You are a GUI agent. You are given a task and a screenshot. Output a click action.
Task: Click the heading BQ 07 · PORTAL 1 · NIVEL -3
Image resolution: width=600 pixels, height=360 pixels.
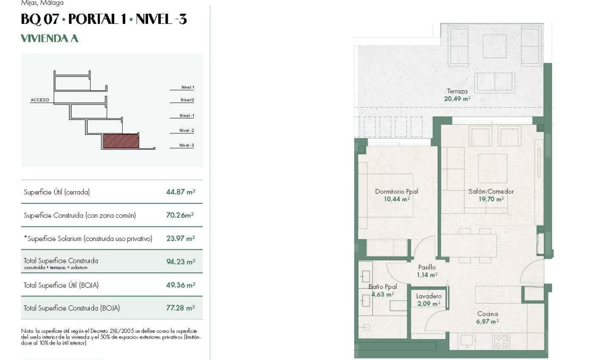point(104,20)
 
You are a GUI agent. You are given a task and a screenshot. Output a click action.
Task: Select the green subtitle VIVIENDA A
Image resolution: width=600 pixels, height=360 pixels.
point(49,39)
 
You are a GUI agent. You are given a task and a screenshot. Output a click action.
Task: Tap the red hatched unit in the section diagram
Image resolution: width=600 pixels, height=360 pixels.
point(121,141)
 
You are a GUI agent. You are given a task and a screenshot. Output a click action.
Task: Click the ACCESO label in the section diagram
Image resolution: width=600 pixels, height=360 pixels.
point(40,100)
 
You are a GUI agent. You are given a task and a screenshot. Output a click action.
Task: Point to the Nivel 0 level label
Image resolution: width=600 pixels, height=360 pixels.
point(187,100)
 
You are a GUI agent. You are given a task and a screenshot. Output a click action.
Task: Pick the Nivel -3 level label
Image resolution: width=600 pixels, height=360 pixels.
point(187,145)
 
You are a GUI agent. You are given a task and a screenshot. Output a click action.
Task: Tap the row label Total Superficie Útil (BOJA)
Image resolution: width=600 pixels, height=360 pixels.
point(61,285)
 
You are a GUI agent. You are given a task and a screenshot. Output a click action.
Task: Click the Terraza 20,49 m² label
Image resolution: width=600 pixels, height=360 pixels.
point(457,95)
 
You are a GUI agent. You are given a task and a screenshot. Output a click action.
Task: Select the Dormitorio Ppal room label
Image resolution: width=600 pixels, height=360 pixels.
point(392,192)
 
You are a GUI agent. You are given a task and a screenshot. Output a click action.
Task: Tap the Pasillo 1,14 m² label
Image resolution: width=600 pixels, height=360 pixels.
point(427,271)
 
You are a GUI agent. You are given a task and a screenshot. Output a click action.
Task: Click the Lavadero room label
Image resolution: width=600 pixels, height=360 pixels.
point(428,296)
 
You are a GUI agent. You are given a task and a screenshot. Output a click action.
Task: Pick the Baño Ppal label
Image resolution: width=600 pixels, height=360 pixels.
point(382,287)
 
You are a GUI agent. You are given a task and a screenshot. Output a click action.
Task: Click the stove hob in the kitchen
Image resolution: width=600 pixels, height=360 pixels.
point(501,341)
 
